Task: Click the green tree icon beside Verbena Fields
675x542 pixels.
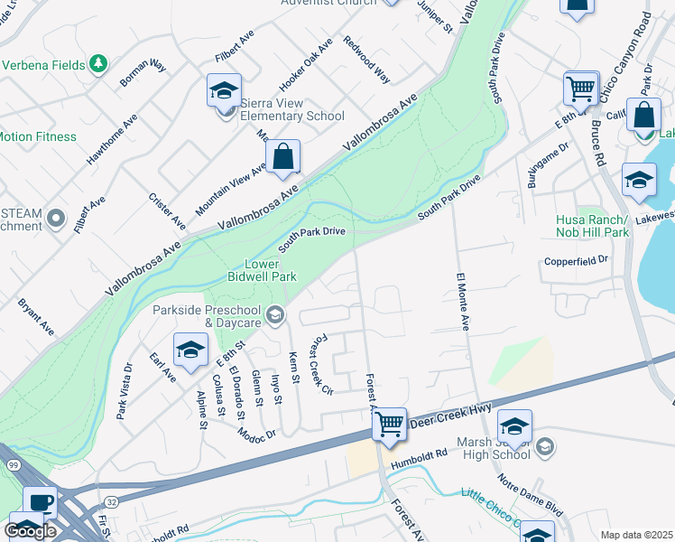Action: pos(98,64)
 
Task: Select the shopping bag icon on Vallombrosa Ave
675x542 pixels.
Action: pos(283,156)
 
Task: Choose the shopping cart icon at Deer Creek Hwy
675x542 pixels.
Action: pos(390,423)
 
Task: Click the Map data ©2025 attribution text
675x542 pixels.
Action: pos(637,535)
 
